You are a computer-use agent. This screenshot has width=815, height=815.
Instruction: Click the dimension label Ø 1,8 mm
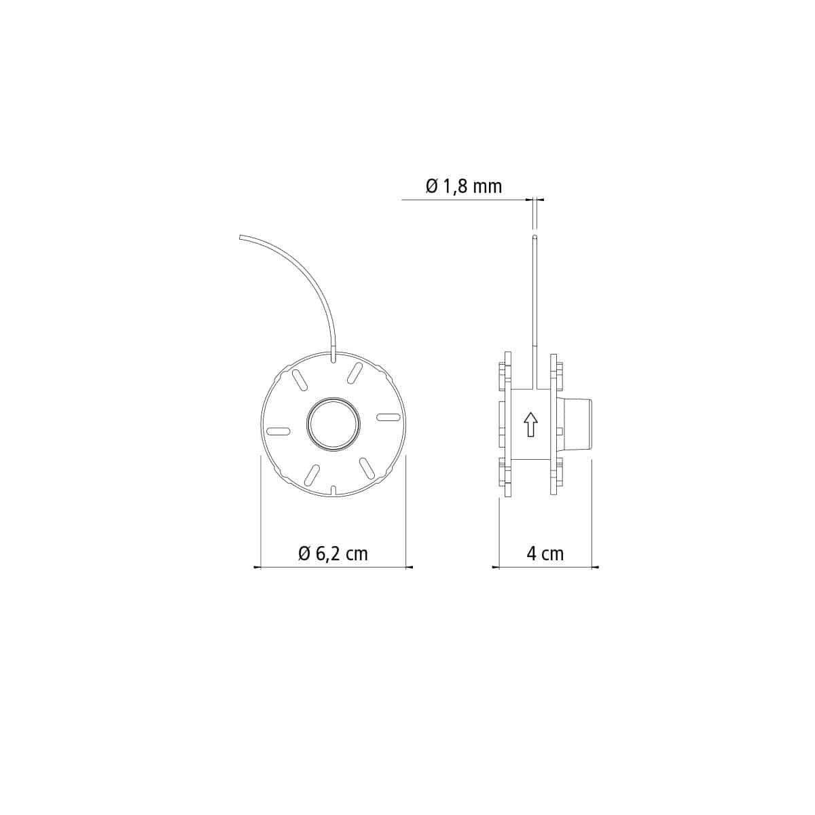pyautogui.click(x=464, y=185)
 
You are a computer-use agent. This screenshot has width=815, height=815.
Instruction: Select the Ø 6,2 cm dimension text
pyautogui.click(x=333, y=554)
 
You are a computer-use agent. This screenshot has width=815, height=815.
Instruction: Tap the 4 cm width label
pyautogui.click(x=545, y=554)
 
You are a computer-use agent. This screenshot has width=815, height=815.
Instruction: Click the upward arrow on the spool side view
pyautogui.click(x=531, y=424)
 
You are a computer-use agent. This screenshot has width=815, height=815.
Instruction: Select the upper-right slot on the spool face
pyautogui.click(x=355, y=373)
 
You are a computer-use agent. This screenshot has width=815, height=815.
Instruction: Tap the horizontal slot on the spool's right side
pyautogui.click(x=388, y=418)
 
